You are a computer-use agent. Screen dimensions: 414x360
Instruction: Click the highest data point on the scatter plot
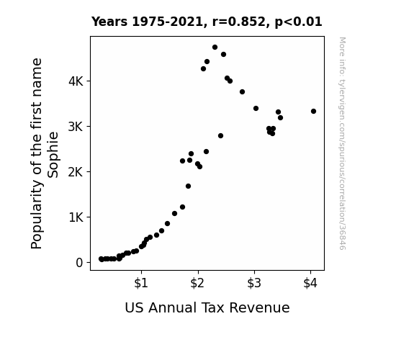coord(215,48)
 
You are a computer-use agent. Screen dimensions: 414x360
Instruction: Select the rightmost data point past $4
coord(313,111)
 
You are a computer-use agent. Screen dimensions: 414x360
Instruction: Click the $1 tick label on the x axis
coord(141,283)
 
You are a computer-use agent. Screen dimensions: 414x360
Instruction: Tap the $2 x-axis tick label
coord(197,283)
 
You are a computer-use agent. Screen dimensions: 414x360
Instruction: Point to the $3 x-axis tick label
coord(254,283)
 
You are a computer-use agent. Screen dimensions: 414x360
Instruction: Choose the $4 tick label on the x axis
coord(310,283)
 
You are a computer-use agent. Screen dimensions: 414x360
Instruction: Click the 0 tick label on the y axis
coord(79,263)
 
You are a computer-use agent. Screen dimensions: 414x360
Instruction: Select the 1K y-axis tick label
coord(76,217)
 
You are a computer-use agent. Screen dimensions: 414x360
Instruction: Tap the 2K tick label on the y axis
coord(76,172)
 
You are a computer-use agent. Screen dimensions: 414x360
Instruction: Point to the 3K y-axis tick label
coord(76,127)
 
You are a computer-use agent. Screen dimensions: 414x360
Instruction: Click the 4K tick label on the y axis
coord(76,81)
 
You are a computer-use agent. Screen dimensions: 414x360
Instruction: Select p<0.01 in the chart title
coord(299,22)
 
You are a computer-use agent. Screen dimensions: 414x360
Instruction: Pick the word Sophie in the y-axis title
coord(53,155)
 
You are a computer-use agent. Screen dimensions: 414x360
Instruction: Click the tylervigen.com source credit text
coord(343,143)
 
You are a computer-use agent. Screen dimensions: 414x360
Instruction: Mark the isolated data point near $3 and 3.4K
coord(256,108)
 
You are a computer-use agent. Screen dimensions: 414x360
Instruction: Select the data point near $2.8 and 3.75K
coord(242,92)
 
